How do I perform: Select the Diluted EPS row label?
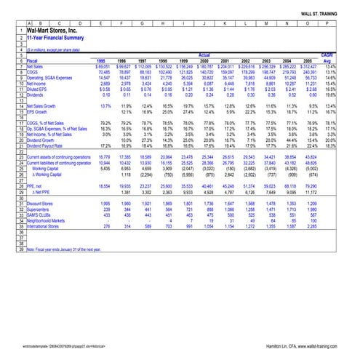click(x=28, y=88)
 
